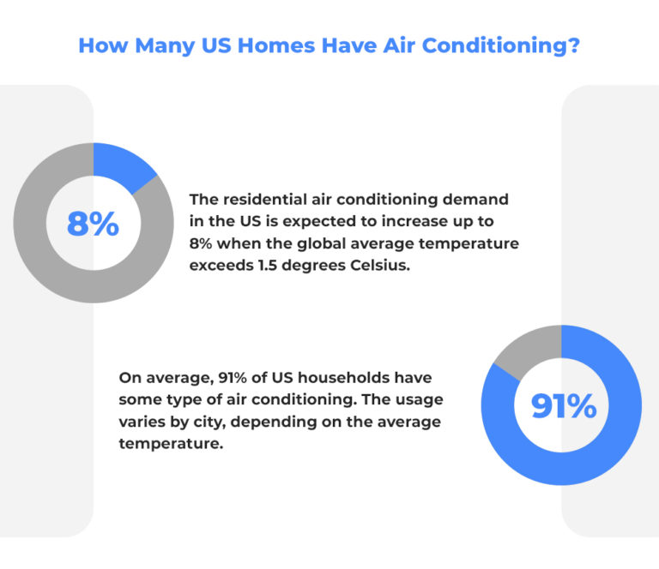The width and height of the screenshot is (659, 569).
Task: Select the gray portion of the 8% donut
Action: click(x=51, y=274)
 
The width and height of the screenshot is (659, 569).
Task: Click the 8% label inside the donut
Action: click(x=93, y=224)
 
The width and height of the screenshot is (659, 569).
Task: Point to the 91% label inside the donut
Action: click(x=563, y=405)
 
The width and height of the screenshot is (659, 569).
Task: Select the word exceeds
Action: click(x=221, y=266)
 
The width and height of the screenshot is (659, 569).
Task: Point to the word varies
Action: click(x=142, y=422)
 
